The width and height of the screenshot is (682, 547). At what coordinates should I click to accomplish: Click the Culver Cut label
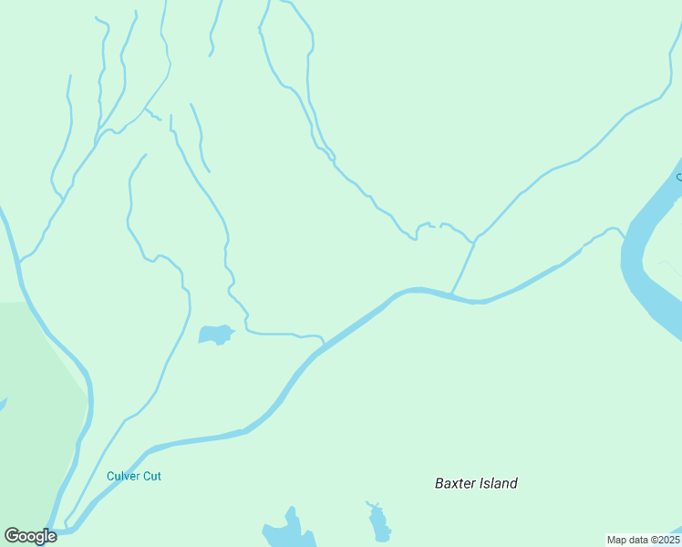pos(133,476)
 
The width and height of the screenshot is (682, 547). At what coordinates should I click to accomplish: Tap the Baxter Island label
pos(476,483)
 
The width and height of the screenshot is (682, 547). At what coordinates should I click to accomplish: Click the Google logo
pos(30,536)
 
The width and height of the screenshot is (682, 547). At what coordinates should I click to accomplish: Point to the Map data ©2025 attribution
pos(643,540)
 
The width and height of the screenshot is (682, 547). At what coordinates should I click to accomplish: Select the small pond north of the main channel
pos(215,335)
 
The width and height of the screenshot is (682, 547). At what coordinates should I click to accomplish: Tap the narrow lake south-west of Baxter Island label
pos(378,523)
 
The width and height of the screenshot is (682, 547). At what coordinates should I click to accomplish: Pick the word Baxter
pos(455,483)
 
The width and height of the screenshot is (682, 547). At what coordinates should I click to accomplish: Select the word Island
pos(498,483)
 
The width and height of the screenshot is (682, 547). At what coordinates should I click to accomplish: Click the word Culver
pos(123,476)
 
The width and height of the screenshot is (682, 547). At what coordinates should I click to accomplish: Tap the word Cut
pos(152,476)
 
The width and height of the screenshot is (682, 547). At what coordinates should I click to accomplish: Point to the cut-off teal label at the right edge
pos(678,177)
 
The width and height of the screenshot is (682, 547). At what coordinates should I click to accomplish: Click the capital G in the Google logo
pos(13,536)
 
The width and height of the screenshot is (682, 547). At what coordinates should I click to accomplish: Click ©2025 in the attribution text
pos(662,540)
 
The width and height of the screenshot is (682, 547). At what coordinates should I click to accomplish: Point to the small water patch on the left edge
pos(3,403)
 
